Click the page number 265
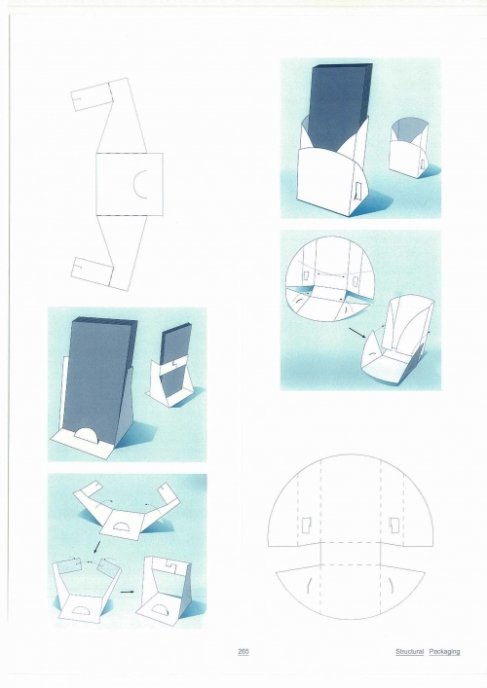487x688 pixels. (243, 652)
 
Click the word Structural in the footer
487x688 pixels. (409, 652)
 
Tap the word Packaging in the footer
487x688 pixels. (444, 652)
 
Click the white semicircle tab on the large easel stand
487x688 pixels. (90, 432)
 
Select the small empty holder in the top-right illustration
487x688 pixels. (410, 148)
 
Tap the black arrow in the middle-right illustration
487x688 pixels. (357, 332)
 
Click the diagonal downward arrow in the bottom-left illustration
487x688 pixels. (97, 548)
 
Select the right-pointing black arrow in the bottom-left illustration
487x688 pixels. (127, 592)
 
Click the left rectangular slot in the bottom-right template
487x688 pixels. (306, 525)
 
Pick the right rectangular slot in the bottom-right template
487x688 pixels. (393, 525)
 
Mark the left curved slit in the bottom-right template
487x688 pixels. (309, 585)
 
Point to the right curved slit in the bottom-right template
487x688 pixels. (392, 585)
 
